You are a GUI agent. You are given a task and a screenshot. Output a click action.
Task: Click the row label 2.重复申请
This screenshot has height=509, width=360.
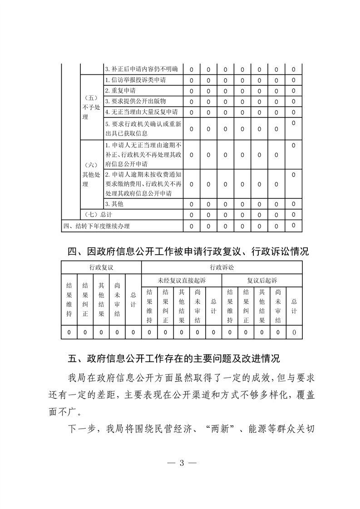[118, 91]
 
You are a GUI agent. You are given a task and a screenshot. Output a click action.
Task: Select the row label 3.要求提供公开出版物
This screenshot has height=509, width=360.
[132, 101]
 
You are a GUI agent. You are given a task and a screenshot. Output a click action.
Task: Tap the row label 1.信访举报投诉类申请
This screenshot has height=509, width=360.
[135, 80]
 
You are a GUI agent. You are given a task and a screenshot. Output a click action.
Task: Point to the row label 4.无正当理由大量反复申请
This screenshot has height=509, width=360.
[141, 112]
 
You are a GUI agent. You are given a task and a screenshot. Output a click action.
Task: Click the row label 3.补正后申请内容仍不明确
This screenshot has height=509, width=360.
[141, 69]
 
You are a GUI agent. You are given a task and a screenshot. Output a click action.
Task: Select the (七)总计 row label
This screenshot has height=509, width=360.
[98, 215]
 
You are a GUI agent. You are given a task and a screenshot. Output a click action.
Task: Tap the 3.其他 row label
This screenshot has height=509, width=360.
[114, 204]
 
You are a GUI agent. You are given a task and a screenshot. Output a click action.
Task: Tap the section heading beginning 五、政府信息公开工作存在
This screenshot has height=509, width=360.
[174, 359]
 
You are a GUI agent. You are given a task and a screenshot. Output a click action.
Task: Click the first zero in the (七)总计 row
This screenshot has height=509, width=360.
[191, 215]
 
